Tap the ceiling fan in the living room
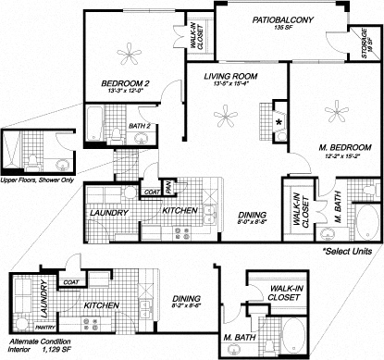point(225,114)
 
